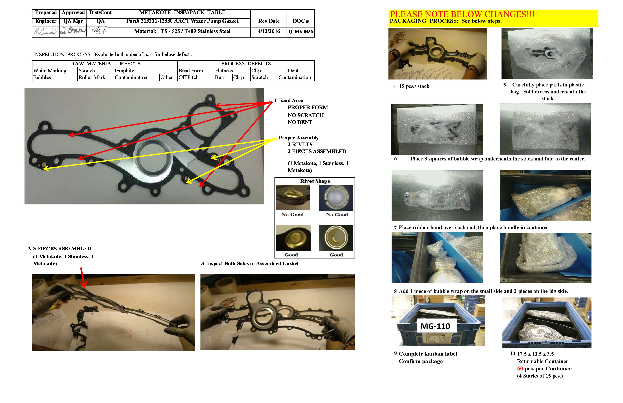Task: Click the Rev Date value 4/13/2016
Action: [x=269, y=31]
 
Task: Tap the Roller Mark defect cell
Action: [x=92, y=77]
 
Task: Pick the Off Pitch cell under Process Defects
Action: [x=189, y=77]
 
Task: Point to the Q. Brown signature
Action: [x=73, y=31]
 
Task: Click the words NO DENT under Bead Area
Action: [x=300, y=122]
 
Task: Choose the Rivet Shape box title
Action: [x=315, y=181]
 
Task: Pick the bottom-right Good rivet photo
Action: [x=336, y=238]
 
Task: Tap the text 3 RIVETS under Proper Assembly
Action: [x=300, y=145]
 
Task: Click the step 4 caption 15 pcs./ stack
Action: [x=414, y=86]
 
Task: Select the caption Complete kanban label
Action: [x=428, y=354]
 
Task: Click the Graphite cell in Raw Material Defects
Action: [x=124, y=71]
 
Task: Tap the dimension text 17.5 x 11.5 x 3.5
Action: [x=535, y=354]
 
